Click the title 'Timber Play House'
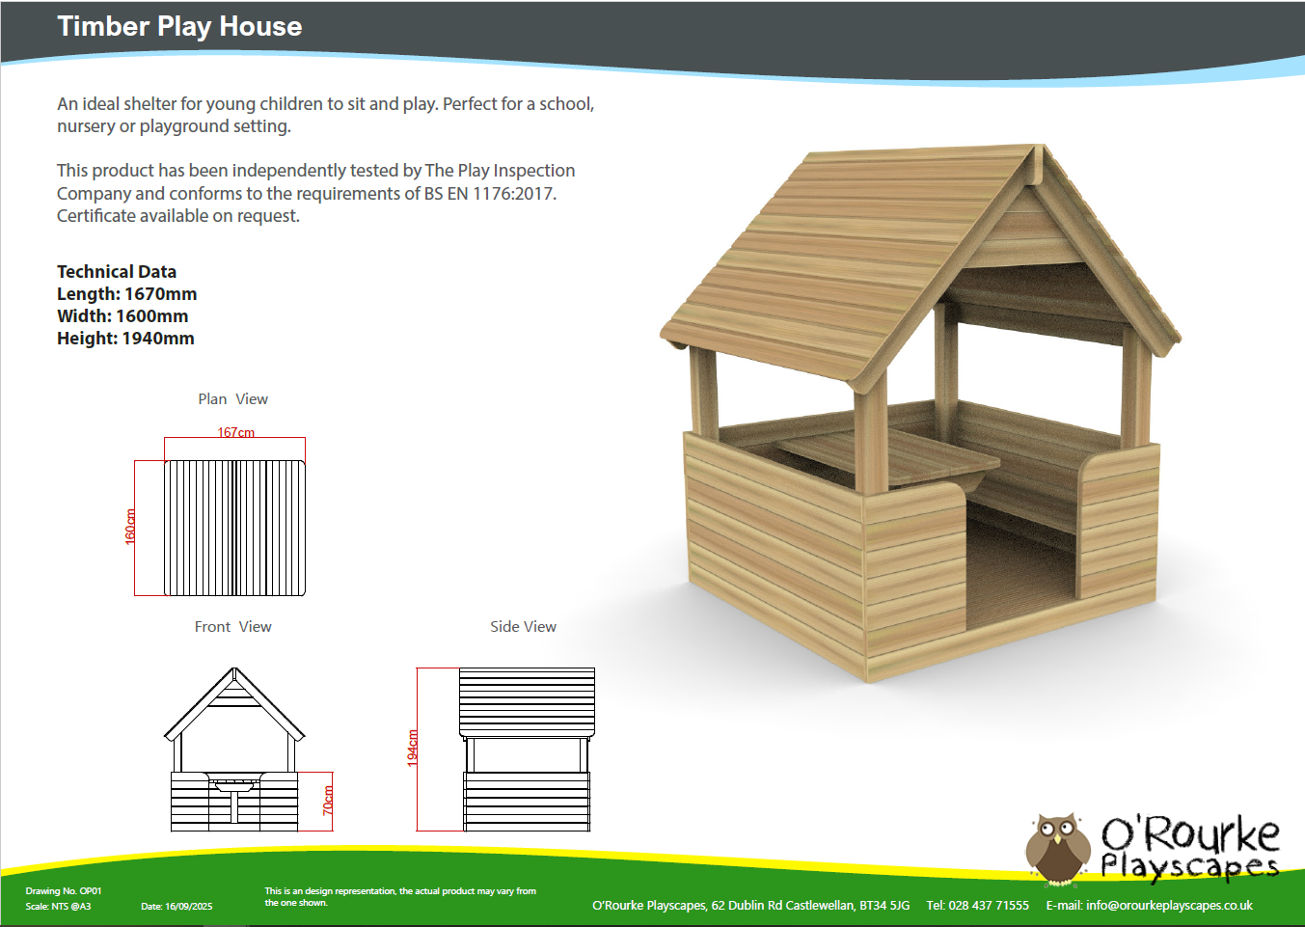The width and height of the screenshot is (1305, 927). [x=179, y=27]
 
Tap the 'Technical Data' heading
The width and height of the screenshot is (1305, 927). [x=117, y=271]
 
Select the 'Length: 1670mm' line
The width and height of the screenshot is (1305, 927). [x=127, y=293]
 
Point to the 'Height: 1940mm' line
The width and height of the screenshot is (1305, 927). [x=125, y=338]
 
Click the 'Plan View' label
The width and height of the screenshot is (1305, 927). [x=233, y=399]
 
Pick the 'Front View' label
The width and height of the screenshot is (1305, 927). [x=233, y=626]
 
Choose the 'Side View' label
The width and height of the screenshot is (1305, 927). [x=523, y=626]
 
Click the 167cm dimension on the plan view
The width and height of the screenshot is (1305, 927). [x=236, y=432]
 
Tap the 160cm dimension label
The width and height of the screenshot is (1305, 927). [x=130, y=527]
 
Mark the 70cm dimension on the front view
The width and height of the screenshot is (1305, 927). [x=328, y=800]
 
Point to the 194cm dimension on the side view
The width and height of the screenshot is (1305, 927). [x=413, y=749]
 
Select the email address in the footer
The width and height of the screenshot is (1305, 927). [x=1169, y=906]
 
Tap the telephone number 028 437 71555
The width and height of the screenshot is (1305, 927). [x=989, y=906]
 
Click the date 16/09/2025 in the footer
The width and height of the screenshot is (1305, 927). [x=188, y=906]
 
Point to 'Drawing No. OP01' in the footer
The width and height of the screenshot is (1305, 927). [x=64, y=891]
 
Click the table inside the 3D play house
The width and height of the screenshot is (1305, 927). [x=888, y=457]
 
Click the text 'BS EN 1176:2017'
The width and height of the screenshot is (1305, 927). [x=490, y=194]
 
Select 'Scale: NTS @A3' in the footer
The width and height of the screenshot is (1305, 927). [x=58, y=906]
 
